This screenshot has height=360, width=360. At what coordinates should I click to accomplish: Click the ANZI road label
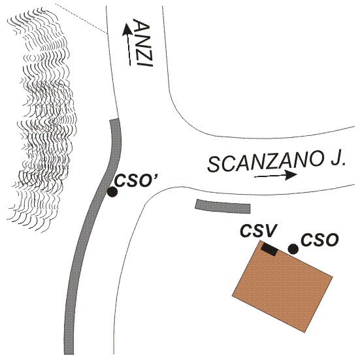142,43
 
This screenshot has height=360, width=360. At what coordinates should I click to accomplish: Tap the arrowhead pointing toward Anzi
126,30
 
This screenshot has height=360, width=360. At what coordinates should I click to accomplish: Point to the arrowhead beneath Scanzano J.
290,175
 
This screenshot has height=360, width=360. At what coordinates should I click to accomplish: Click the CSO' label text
135,180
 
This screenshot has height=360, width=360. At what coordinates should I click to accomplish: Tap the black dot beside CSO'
112,192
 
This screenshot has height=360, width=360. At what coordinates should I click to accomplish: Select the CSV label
257,230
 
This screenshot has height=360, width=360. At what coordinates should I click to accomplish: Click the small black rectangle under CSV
269,249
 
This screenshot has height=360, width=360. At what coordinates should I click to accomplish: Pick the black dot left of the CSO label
293,249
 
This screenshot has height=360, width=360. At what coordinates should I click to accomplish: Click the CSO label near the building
320,240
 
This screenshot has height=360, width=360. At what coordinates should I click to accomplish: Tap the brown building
282,286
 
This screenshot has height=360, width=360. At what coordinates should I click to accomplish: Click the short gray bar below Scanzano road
223,206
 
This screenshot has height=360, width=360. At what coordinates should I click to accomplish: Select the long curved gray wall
92,229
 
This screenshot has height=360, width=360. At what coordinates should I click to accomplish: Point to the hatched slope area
42,120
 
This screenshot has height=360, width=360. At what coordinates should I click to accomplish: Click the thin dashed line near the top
81,18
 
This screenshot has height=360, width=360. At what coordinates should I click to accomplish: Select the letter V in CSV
268,230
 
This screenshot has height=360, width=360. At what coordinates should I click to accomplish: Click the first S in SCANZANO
214,165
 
